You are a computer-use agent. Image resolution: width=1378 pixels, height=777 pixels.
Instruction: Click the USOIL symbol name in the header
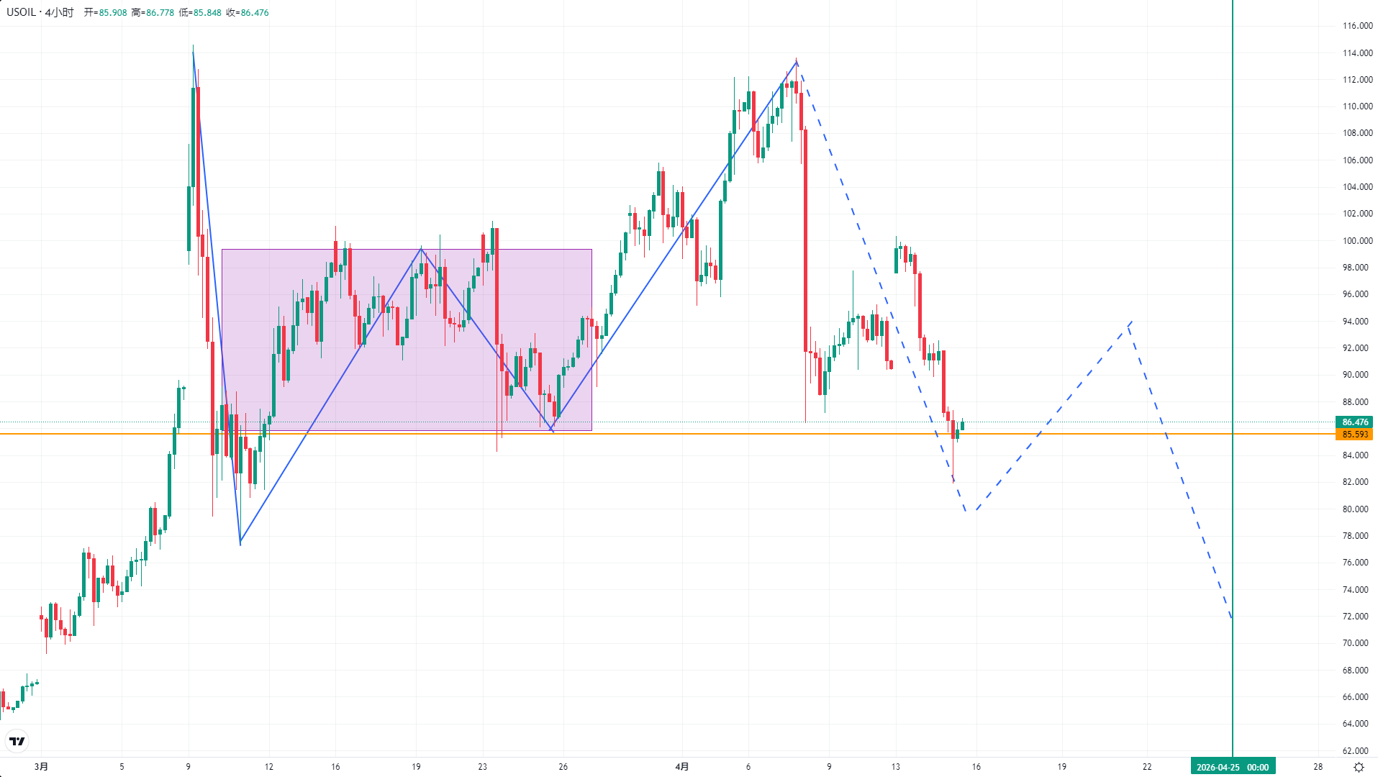click(22, 12)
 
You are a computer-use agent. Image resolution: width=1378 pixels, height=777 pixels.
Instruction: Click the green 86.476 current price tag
click(1354, 422)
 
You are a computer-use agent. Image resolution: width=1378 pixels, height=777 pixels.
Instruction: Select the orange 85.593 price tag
click(1354, 435)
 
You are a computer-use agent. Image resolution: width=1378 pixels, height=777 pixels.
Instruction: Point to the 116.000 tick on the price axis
click(1357, 26)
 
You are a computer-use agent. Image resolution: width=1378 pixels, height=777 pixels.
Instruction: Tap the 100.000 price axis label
click(1357, 241)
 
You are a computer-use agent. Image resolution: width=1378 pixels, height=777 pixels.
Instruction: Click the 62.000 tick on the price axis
click(1357, 751)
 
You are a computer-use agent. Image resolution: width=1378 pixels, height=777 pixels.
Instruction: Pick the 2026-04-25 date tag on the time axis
click(1232, 767)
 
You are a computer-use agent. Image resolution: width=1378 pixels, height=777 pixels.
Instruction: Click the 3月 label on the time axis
click(42, 767)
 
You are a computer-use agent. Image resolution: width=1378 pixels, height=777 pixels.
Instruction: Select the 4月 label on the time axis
click(682, 767)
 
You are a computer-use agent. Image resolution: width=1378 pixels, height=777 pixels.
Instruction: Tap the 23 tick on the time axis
click(482, 767)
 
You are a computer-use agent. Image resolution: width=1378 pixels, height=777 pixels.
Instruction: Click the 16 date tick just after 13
click(976, 767)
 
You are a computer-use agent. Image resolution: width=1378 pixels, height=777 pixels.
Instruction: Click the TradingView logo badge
click(17, 741)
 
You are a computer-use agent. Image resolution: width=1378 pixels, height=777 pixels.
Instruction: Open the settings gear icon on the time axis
click(1359, 767)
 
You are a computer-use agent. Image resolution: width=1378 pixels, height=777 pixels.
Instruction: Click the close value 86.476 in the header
click(255, 13)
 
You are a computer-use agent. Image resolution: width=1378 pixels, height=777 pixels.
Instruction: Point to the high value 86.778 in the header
click(160, 13)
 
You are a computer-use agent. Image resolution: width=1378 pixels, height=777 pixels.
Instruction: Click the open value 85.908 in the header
click(112, 13)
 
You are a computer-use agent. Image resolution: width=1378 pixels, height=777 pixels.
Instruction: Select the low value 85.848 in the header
click(207, 13)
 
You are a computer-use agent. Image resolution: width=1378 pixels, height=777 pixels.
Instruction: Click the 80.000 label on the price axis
click(1357, 509)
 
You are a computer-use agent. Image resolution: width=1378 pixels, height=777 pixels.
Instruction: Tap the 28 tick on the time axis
click(1318, 767)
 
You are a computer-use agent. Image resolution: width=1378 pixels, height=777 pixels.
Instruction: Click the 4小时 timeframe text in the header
click(59, 12)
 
